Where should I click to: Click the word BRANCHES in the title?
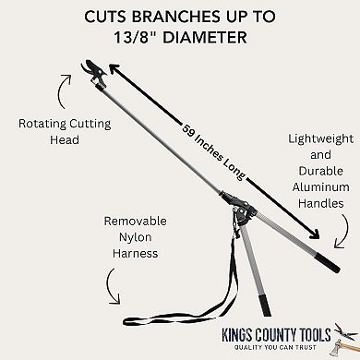pos(184,16)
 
